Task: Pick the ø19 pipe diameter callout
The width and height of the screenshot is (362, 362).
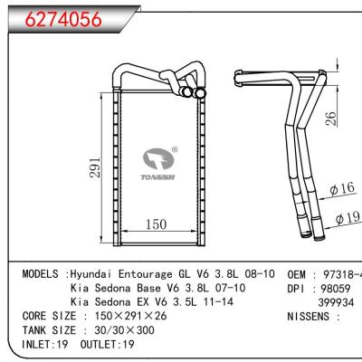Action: coord(348,218)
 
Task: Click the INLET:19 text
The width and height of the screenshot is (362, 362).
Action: coord(43,345)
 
